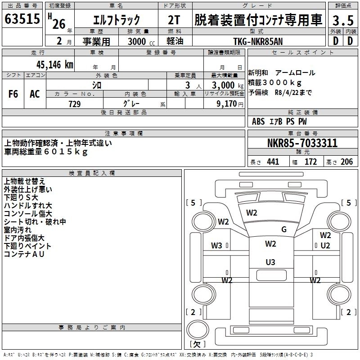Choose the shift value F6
[13, 94]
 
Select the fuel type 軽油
[175, 41]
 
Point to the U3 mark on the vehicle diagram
[270, 262]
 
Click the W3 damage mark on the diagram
[217, 246]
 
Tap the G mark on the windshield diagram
[284, 229]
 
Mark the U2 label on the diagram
[325, 246]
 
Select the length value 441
[273, 162]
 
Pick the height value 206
[346, 162]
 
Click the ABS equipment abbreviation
[258, 121]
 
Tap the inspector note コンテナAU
[23, 254]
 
